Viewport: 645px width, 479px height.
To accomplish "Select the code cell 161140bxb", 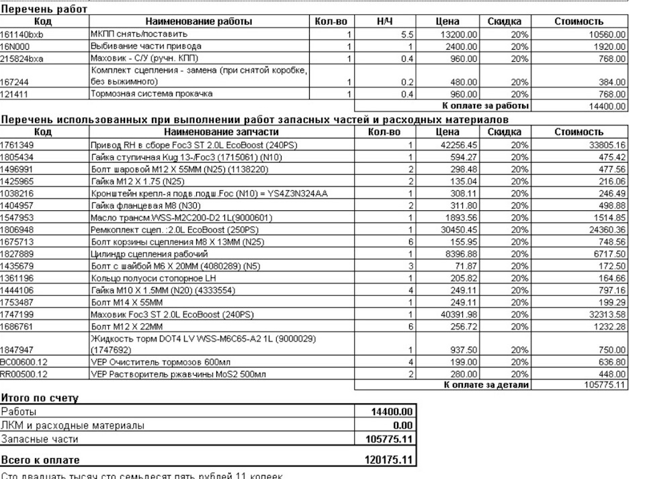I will tap(22, 34).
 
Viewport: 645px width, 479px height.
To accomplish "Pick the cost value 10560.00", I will tap(607, 34).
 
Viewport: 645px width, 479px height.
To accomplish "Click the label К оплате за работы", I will tap(485, 106).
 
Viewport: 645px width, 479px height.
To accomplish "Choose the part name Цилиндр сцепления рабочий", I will tap(149, 254).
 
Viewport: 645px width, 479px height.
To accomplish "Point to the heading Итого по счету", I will tap(40, 398).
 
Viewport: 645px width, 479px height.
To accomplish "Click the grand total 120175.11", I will tap(390, 460).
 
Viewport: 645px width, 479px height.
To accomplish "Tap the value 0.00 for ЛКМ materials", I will tap(402, 425).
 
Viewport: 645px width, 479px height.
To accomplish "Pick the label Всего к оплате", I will tap(40, 460).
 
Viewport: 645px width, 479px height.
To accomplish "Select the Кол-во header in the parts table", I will tap(384, 132).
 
